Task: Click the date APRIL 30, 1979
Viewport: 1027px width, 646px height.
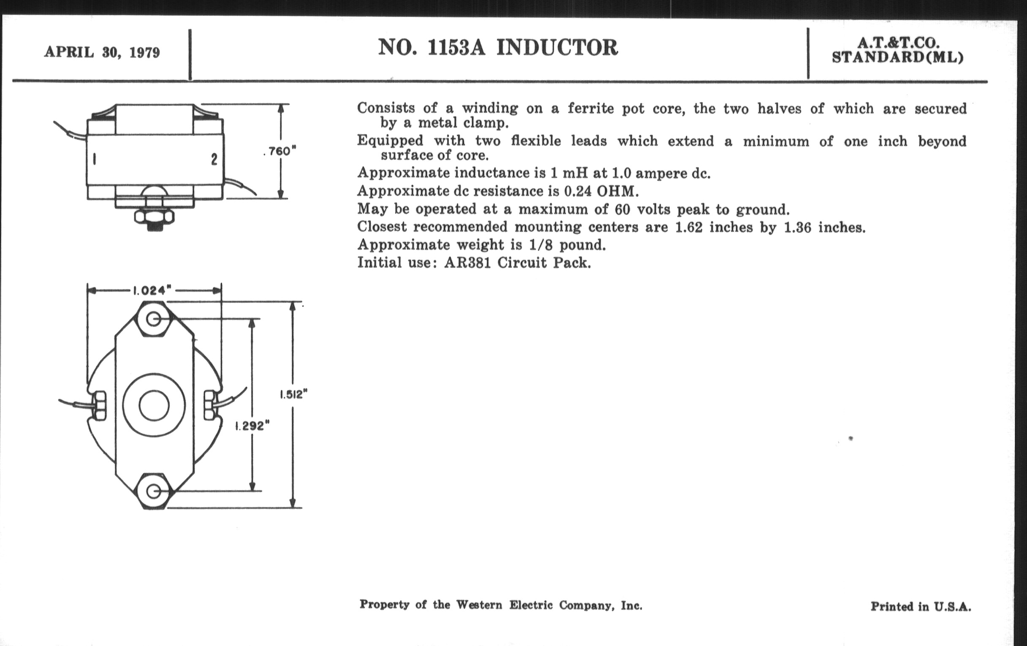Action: [102, 52]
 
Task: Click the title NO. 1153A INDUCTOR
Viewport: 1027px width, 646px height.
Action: [498, 47]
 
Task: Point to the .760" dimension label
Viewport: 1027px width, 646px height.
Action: [280, 152]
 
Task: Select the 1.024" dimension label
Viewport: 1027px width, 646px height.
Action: [152, 291]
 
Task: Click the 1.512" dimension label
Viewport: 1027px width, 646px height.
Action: [293, 394]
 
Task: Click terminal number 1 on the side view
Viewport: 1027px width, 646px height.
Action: [95, 159]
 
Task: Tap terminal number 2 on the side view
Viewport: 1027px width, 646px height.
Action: [214, 160]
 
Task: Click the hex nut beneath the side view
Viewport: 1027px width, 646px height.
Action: [155, 217]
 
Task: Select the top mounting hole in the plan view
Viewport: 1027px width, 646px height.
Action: [154, 319]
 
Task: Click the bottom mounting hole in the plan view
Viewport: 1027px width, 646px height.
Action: [154, 491]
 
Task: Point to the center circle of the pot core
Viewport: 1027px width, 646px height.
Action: [154, 405]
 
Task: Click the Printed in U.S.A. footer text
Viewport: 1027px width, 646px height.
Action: [921, 606]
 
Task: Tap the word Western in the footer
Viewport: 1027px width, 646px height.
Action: [479, 605]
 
